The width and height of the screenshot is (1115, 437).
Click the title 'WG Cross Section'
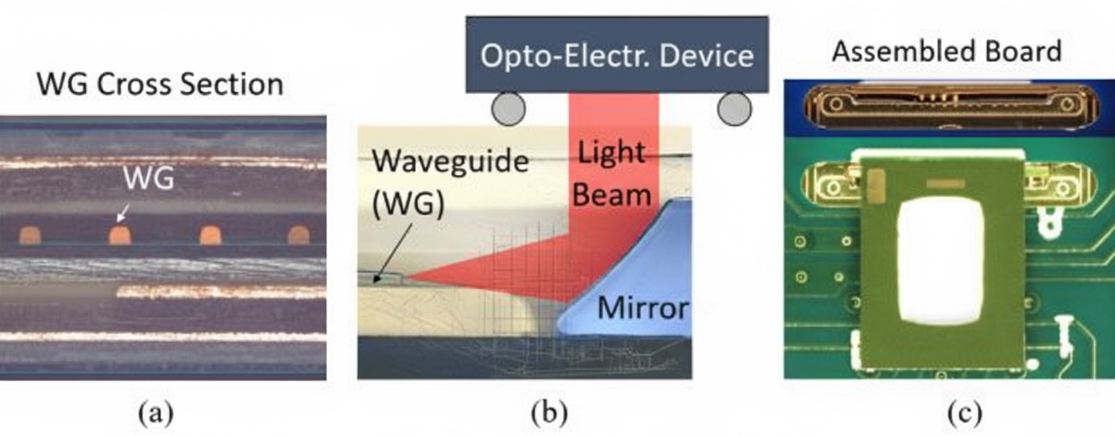click(x=160, y=85)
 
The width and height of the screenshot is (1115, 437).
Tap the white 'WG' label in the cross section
click(x=149, y=179)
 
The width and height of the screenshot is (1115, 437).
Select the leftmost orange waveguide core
click(x=29, y=236)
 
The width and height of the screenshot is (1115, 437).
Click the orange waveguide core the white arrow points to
click(x=120, y=236)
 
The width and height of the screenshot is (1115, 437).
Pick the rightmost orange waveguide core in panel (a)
click(x=299, y=236)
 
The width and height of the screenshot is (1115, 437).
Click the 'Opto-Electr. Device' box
click(x=616, y=55)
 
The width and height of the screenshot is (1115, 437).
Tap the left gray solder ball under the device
click(x=508, y=109)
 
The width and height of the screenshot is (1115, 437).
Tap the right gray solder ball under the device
click(x=734, y=109)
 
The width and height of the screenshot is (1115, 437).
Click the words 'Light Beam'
click(x=611, y=174)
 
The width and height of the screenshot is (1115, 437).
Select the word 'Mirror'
click(x=642, y=309)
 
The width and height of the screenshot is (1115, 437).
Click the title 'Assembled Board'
click(x=946, y=52)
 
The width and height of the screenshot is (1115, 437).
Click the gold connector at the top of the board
click(x=947, y=106)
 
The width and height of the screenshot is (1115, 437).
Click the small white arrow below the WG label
click(x=123, y=214)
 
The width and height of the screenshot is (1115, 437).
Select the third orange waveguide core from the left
click(x=209, y=236)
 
